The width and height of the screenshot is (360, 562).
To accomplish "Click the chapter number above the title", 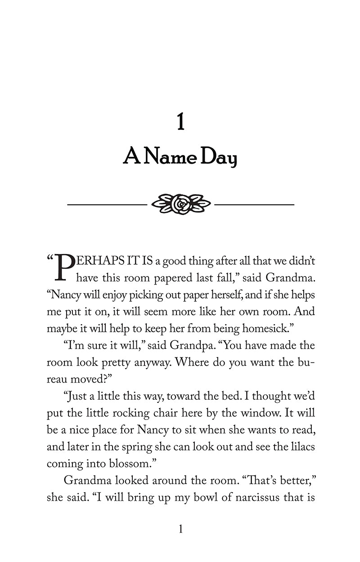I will point(180,122).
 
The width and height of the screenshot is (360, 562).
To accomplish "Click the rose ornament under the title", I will point(181,204).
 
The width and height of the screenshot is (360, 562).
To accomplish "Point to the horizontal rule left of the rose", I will point(107,205).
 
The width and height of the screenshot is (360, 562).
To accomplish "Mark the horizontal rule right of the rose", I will point(254,205).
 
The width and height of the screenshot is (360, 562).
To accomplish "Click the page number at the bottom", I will point(180,530).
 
